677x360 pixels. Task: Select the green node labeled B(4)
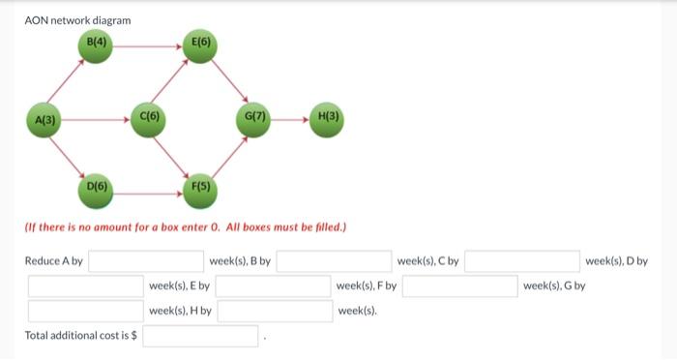tap(98, 43)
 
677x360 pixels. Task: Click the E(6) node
tap(201, 43)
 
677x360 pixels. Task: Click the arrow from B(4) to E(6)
tap(149, 44)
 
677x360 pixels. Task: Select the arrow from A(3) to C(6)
tap(97, 120)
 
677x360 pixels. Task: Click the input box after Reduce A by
tap(146, 261)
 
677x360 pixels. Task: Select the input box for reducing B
tap(334, 261)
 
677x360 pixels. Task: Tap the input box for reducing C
tap(523, 261)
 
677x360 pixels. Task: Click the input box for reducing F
tap(460, 286)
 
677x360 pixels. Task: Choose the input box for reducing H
tap(274, 311)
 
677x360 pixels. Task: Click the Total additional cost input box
tap(201, 336)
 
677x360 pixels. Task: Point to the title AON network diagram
tap(77, 20)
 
